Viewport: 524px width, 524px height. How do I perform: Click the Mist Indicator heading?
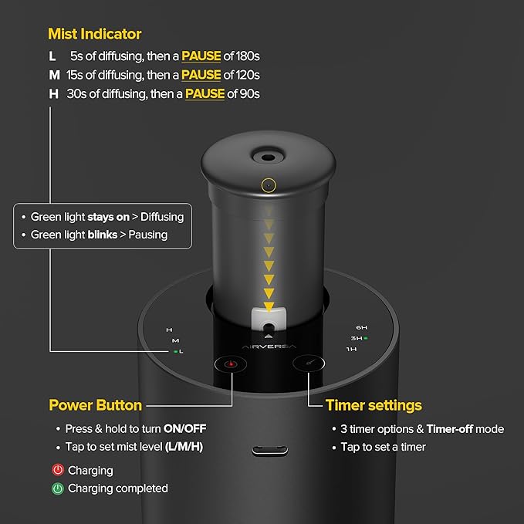[94, 34]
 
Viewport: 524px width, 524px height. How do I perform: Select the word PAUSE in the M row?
[201, 75]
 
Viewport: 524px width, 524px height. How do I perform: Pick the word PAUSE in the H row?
[205, 93]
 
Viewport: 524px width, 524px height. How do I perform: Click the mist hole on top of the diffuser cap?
[268, 157]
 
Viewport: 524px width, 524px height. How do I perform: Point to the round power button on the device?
[229, 364]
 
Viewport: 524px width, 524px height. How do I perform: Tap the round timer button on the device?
[309, 364]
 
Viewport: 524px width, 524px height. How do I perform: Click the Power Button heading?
[95, 405]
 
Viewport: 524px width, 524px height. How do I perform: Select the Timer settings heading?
[374, 405]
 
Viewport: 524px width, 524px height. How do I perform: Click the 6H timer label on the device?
[361, 327]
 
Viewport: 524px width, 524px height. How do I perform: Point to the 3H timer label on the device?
[356, 338]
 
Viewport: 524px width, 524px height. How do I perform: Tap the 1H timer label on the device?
[351, 350]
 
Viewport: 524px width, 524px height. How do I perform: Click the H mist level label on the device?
[169, 330]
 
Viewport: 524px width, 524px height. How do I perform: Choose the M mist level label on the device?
[175, 340]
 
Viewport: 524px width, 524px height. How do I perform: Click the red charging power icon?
[57, 470]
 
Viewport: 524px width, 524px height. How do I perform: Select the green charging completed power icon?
[57, 488]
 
